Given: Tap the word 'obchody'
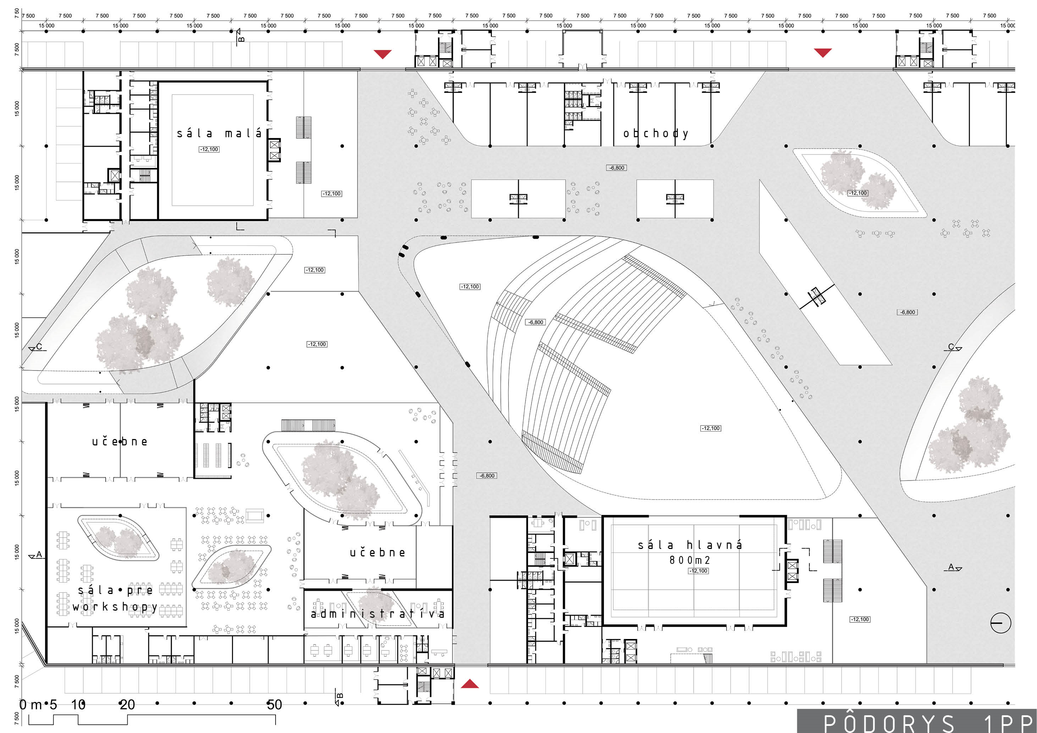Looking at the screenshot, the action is [x=656, y=134].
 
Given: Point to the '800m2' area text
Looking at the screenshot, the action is [x=690, y=560].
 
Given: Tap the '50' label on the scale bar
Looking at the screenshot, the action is [x=274, y=705].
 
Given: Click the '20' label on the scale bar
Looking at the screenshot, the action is [x=127, y=705].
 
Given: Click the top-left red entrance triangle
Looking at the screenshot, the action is [x=383, y=54].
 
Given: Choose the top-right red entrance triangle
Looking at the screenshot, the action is [x=823, y=53].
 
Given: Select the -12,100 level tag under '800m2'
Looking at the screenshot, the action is [x=698, y=571].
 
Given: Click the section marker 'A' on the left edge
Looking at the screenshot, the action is [x=36, y=555].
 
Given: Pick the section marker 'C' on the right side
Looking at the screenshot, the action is [x=953, y=347].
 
